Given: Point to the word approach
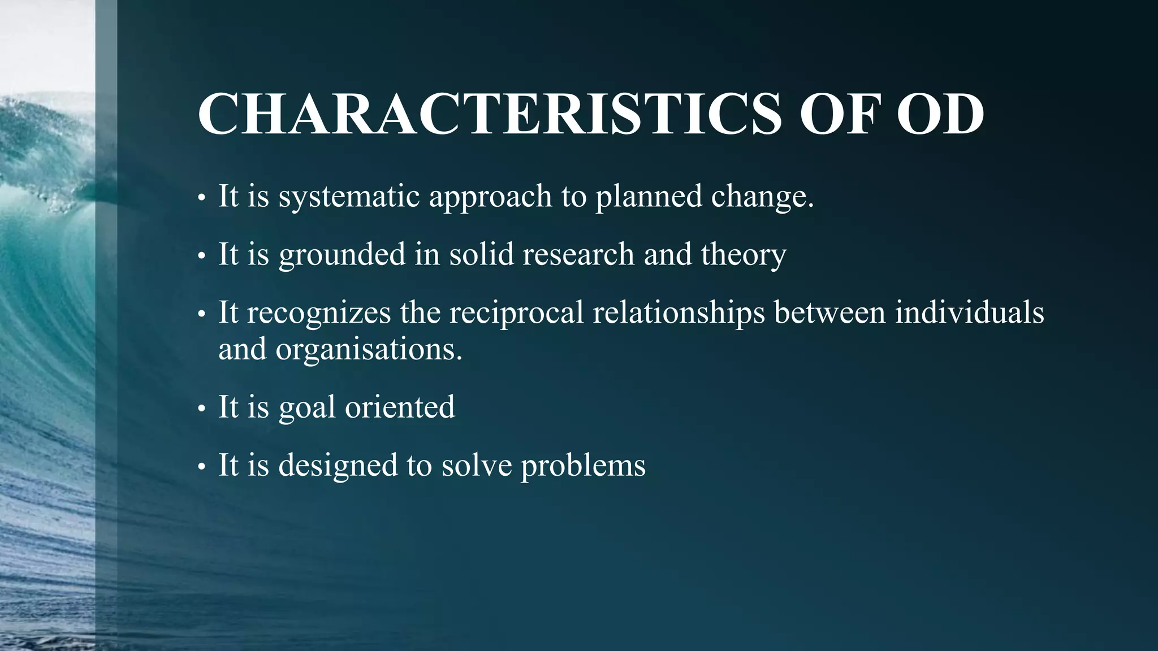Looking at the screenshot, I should (490, 197).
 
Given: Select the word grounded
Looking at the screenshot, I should (342, 255).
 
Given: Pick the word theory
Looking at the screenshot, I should (743, 255).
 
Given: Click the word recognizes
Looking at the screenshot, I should (318, 313).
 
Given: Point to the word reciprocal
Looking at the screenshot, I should (516, 313).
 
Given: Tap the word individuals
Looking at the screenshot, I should (969, 313).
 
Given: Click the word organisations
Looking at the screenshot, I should (369, 350).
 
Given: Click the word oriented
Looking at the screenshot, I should (400, 407).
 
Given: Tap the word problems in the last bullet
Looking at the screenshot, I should (582, 466).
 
